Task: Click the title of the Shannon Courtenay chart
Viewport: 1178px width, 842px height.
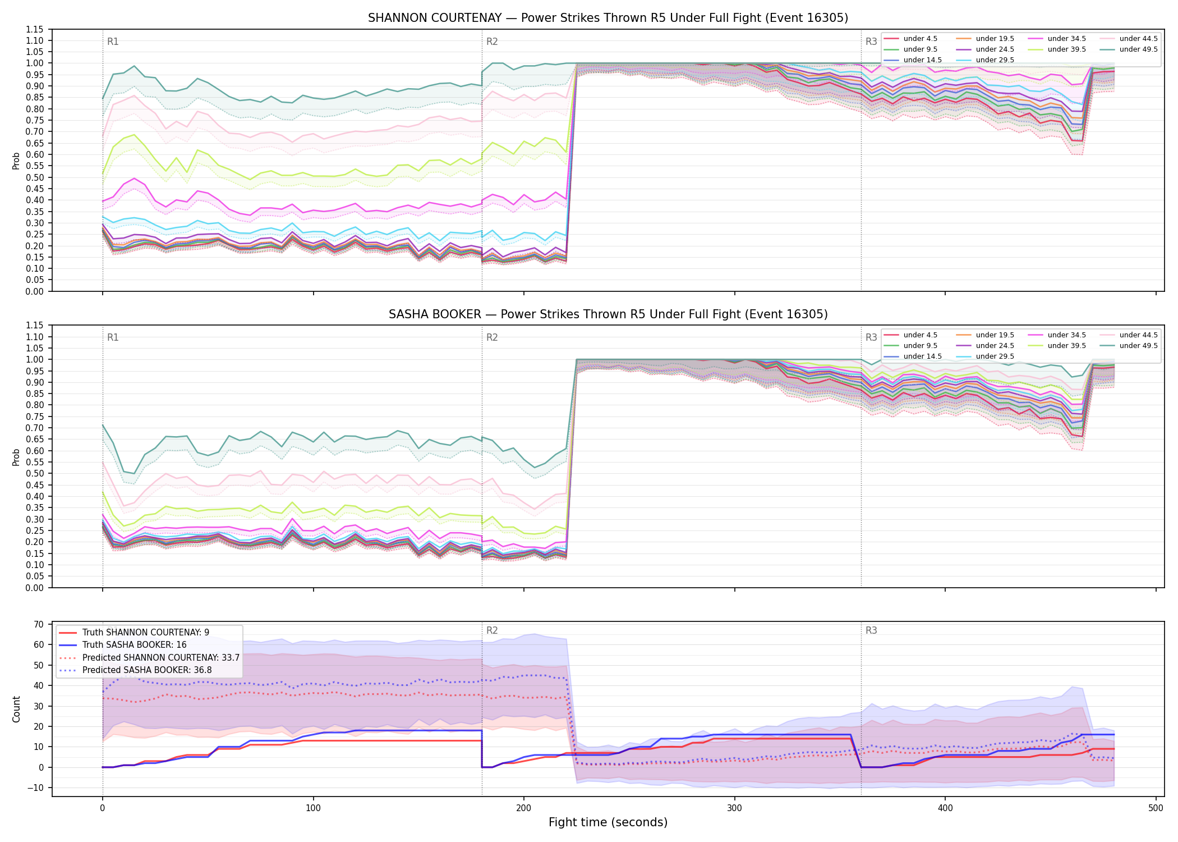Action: pyautogui.click(x=608, y=18)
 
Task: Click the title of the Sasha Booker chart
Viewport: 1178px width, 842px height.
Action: pyautogui.click(x=608, y=314)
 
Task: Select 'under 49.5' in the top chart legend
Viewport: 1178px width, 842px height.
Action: pyautogui.click(x=1138, y=49)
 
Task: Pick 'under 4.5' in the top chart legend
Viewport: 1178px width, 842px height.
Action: pyautogui.click(x=920, y=39)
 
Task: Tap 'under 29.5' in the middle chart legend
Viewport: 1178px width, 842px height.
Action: pyautogui.click(x=995, y=356)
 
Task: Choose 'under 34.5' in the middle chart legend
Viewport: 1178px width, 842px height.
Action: pyautogui.click(x=1066, y=335)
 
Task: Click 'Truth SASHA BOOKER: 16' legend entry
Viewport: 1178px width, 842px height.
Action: pyautogui.click(x=134, y=645)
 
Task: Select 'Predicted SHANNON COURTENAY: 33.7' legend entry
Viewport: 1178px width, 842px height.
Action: pyautogui.click(x=161, y=657)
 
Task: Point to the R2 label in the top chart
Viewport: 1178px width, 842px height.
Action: pyautogui.click(x=492, y=42)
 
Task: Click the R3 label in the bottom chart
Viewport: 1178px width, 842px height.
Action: pyautogui.click(x=871, y=630)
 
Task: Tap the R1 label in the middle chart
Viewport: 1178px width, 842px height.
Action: pyautogui.click(x=113, y=337)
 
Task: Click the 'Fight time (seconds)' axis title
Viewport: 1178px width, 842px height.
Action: pyautogui.click(x=608, y=822)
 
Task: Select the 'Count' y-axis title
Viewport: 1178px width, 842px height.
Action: pyautogui.click(x=16, y=709)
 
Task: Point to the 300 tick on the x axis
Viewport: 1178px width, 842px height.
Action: pyautogui.click(x=734, y=808)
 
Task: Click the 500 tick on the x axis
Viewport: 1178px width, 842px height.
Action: pyautogui.click(x=1156, y=808)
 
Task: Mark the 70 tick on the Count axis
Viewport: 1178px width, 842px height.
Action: pyautogui.click(x=39, y=624)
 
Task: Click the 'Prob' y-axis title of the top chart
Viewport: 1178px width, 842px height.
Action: pyautogui.click(x=16, y=161)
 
